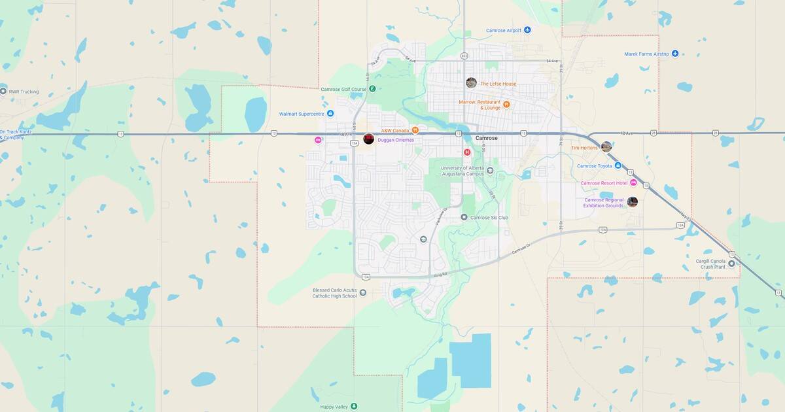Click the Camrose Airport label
click(x=503, y=30)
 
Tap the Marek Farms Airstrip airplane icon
click(x=675, y=54)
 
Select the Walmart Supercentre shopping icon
click(x=330, y=114)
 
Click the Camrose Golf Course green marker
click(x=372, y=89)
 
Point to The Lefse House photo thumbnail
click(x=471, y=82)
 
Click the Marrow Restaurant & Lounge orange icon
click(x=506, y=105)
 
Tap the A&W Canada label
click(x=395, y=130)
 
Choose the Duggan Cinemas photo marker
click(x=369, y=139)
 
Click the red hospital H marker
click(x=467, y=152)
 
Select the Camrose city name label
click(x=486, y=139)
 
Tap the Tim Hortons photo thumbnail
click(x=606, y=146)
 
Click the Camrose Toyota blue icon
click(x=618, y=166)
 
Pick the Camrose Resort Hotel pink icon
click(x=633, y=183)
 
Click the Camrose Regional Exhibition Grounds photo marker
click(x=633, y=202)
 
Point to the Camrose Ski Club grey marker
click(x=464, y=217)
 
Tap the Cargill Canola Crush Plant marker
click(x=731, y=264)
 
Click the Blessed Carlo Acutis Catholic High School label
click(x=336, y=293)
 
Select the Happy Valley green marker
click(x=354, y=406)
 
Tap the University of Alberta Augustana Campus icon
click(x=490, y=171)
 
